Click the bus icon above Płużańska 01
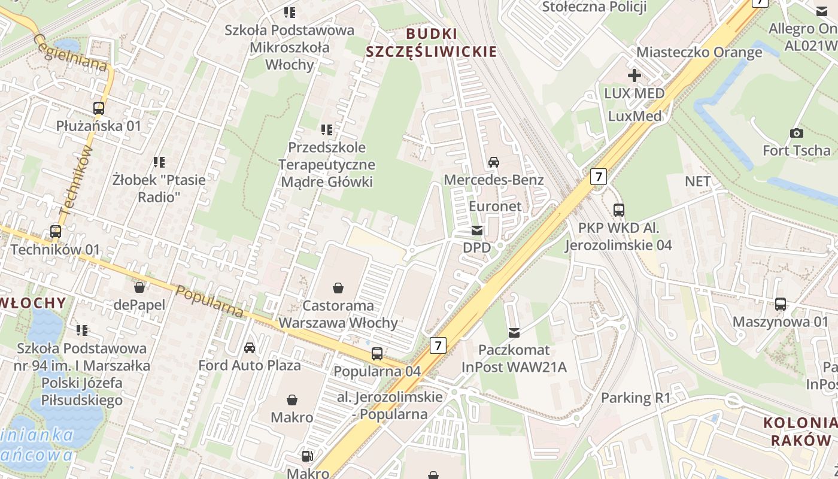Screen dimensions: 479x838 (x=99, y=108)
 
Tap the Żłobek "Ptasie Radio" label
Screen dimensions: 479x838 (x=159, y=188)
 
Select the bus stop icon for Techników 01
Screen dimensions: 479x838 (x=56, y=231)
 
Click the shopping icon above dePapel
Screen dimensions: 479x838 (x=139, y=287)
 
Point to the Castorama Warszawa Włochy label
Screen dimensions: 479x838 (x=338, y=314)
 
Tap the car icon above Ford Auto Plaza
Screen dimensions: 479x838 (x=250, y=347)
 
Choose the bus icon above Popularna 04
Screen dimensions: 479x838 (x=377, y=353)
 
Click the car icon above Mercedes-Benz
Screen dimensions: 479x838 (x=494, y=162)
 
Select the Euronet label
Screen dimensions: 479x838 (x=495, y=206)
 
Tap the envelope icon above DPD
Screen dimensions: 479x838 (x=477, y=230)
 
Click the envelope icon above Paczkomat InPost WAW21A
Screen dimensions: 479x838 (x=514, y=332)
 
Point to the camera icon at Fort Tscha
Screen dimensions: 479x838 (x=796, y=133)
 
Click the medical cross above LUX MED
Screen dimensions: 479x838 (x=634, y=75)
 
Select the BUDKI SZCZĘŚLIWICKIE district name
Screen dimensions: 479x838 (x=431, y=42)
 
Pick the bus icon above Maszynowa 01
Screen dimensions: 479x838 (x=781, y=304)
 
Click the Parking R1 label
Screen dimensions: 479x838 (x=636, y=398)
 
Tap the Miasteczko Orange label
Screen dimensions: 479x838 (x=699, y=52)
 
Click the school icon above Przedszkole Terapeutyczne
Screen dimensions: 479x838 (x=326, y=129)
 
